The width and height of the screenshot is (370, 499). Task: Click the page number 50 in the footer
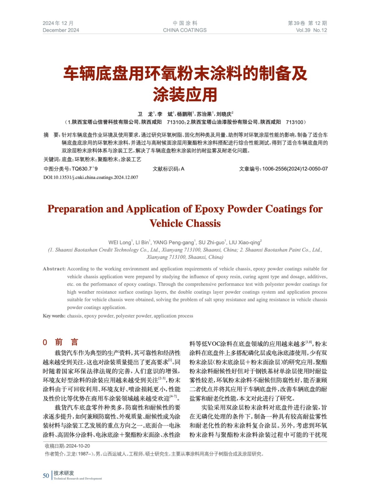[x=46, y=476]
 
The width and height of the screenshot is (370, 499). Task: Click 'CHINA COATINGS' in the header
[x=185, y=30]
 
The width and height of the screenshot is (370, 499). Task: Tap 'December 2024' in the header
[x=61, y=30]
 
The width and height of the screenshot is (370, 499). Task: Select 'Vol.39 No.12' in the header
[x=311, y=30]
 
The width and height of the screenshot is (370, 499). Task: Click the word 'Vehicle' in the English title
[x=166, y=223]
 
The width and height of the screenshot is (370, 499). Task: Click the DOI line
[x=91, y=177]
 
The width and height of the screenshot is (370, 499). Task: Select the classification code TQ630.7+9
[x=85, y=169]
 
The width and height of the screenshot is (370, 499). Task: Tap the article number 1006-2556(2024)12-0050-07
[x=295, y=169]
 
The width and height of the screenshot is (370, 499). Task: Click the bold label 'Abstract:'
[x=54, y=269]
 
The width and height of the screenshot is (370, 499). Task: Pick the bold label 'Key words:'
[x=54, y=316]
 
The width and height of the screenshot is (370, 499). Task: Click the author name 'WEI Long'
[x=120, y=242]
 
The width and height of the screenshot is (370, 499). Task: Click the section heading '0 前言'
[x=60, y=342]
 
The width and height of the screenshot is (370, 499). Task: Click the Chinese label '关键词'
[x=51, y=159]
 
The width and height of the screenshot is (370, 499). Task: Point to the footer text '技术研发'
[x=64, y=473]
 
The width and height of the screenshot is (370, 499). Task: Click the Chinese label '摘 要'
[x=51, y=135]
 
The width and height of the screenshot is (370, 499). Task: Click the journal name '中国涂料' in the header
[x=185, y=23]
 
